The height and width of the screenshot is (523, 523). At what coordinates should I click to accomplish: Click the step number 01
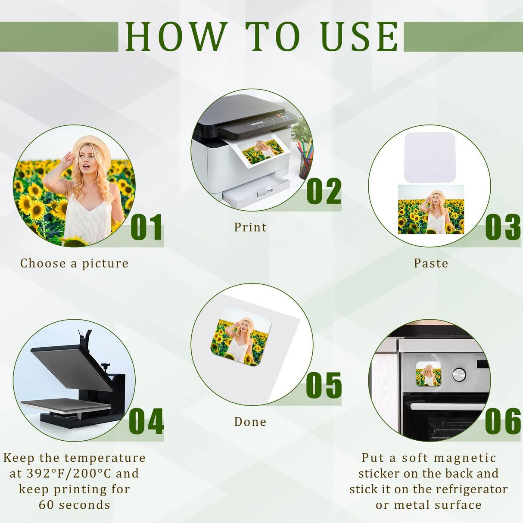coord(146,227)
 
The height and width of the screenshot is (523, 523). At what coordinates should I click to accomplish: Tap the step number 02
coord(324,191)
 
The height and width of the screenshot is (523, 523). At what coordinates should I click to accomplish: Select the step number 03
coord(503,227)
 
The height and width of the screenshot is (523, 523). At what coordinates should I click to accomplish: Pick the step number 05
coord(324,385)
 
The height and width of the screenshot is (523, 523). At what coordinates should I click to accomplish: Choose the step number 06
coord(503,421)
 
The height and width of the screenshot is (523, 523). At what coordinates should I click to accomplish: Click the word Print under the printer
coord(250,227)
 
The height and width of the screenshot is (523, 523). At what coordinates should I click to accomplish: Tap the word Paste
coord(431,263)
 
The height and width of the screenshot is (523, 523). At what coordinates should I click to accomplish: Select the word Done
coord(250,422)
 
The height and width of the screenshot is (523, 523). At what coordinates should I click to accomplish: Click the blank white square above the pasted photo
coord(430,157)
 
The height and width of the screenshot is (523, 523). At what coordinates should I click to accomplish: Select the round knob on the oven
coord(459,375)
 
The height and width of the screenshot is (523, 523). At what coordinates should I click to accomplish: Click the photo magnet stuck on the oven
coord(429,374)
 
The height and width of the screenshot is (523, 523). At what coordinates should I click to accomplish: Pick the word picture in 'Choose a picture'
coord(105,264)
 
